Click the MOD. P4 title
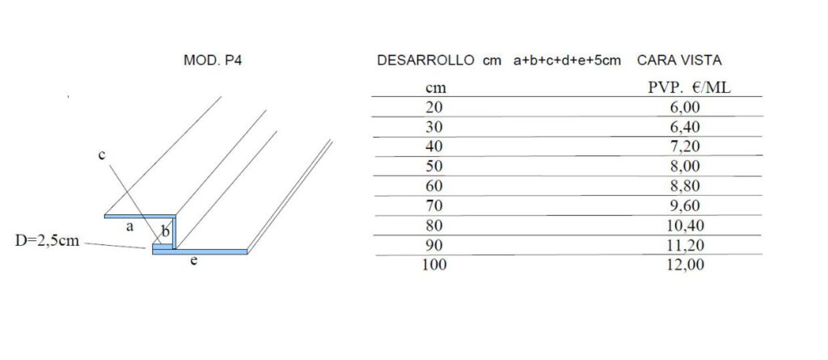(x=213, y=60)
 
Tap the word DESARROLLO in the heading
(x=425, y=60)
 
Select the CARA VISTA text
(x=679, y=60)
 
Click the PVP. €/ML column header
(x=689, y=87)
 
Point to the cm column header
(x=436, y=89)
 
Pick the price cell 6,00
(x=684, y=108)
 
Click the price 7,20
(x=684, y=146)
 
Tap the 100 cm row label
(x=434, y=265)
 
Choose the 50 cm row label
(x=434, y=166)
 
